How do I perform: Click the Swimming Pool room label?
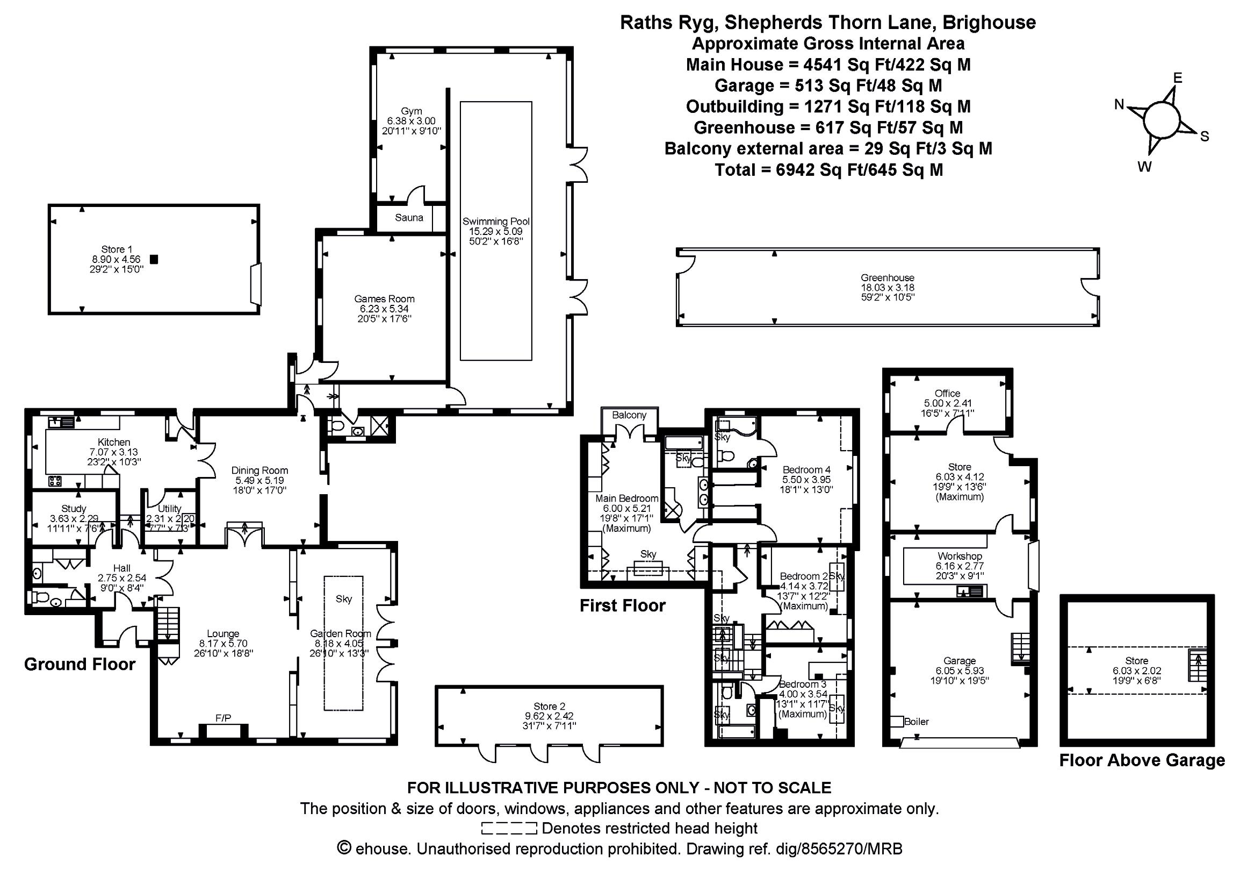pos(496,222)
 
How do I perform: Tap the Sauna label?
pos(409,218)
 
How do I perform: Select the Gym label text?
pos(412,111)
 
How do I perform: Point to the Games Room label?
pos(385,299)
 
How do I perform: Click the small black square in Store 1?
pos(154,259)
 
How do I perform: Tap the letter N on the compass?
pos(1120,105)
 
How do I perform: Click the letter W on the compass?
pos(1144,167)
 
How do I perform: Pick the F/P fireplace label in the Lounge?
pos(223,718)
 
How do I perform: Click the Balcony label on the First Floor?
pos(629,415)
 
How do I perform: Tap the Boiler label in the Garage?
pos(917,722)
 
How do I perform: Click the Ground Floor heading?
pos(80,664)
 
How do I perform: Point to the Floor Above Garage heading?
pos(1142,760)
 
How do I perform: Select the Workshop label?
pos(960,556)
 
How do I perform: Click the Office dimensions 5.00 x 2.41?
pos(947,403)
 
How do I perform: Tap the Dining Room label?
pos(260,470)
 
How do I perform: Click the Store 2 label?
pos(549,706)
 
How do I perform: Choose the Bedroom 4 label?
pos(806,469)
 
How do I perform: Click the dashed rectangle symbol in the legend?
pos(509,829)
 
